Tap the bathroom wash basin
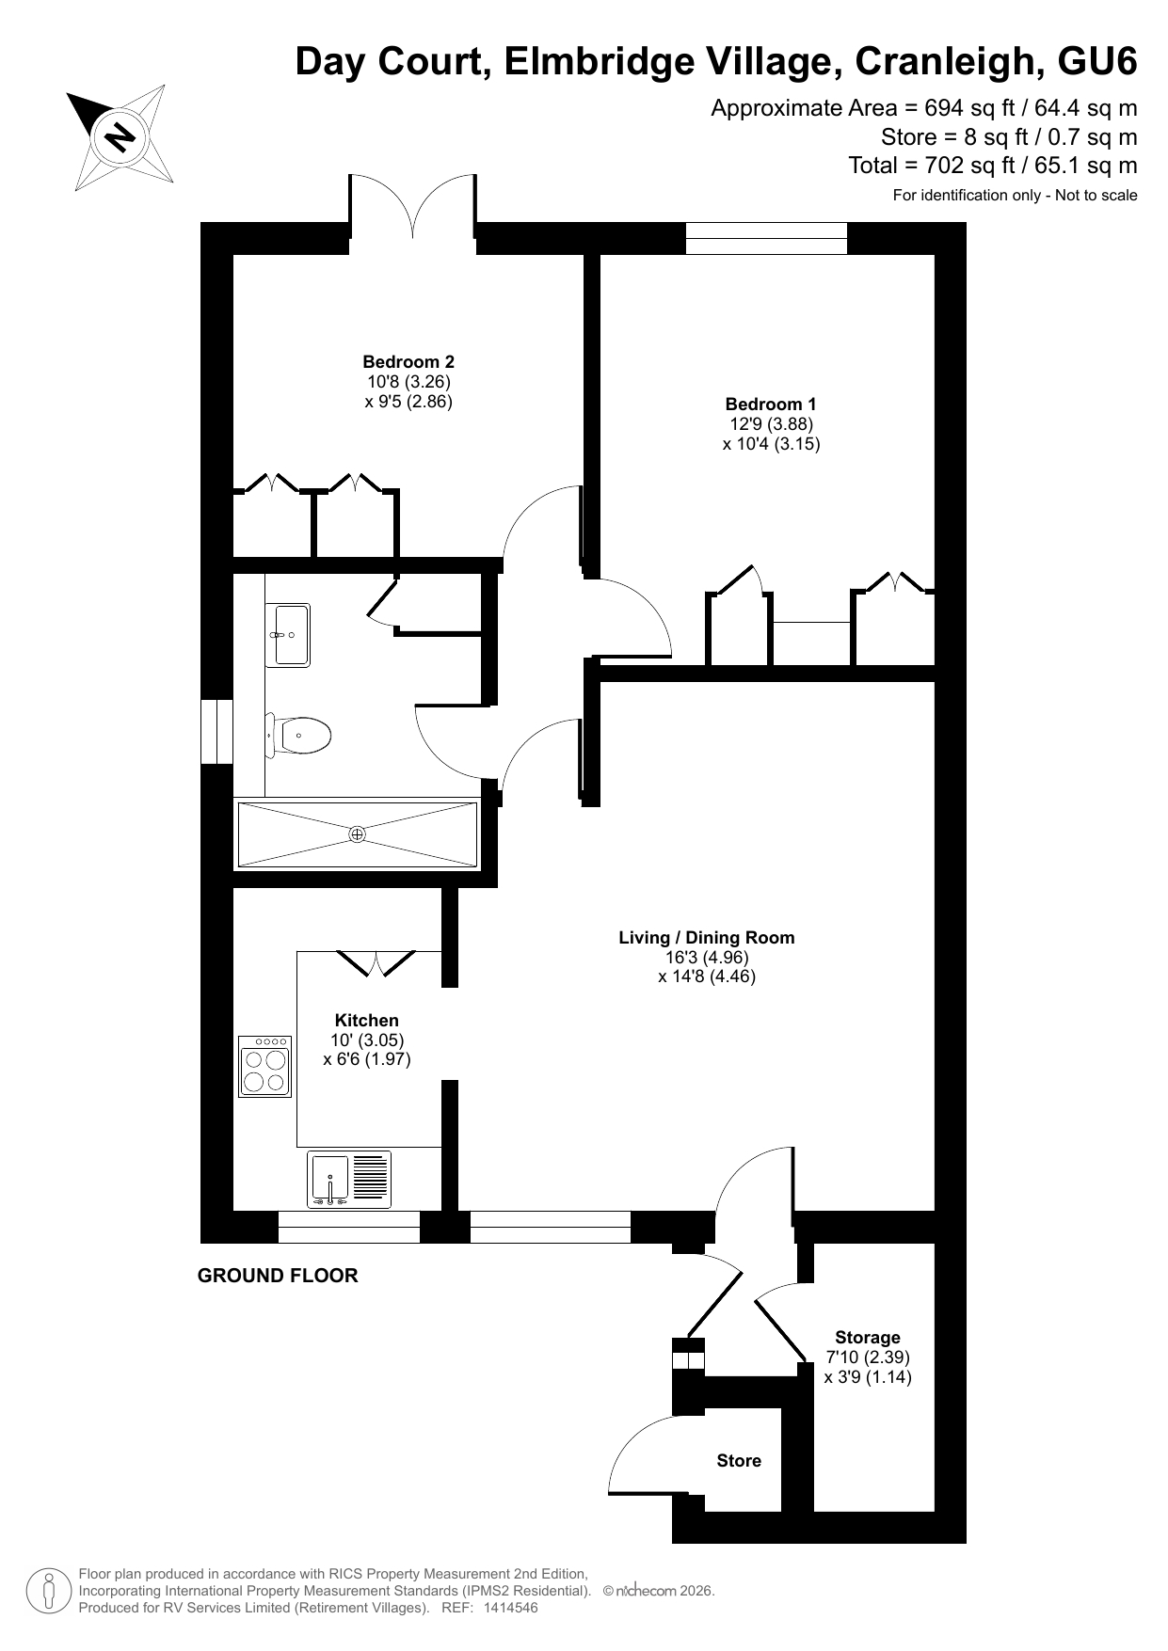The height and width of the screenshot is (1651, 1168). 289,634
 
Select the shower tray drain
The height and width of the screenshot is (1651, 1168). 357,834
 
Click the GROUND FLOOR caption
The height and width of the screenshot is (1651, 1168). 278,1276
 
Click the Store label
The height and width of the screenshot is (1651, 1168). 739,1461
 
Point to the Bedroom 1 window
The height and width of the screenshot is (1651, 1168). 766,238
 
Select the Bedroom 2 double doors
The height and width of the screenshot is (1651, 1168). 412,207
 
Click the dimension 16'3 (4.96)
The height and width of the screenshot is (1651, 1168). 707,957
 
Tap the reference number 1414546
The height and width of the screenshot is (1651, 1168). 510,1608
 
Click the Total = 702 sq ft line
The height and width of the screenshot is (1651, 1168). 993,166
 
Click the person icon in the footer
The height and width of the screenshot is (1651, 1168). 47,1591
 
